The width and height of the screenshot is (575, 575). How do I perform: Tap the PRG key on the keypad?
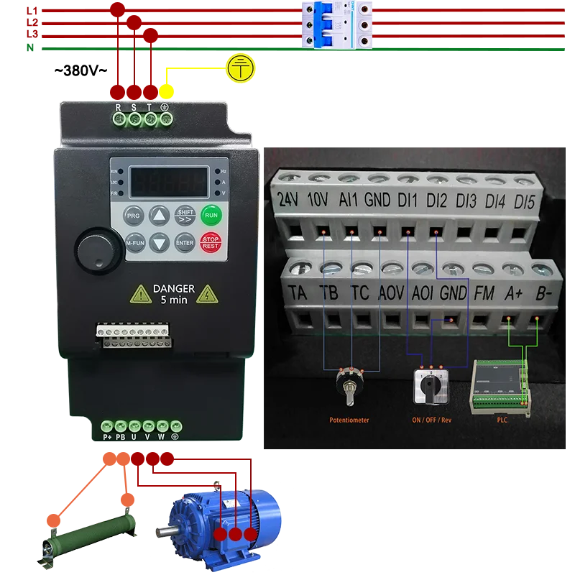[134, 215]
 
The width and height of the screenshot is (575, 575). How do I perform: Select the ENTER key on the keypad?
[185, 242]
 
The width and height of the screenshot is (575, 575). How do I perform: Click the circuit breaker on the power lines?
[339, 26]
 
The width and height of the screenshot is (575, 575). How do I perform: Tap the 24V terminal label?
[289, 201]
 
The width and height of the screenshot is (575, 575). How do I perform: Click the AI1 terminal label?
[347, 200]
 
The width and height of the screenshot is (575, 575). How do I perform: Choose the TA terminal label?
[297, 293]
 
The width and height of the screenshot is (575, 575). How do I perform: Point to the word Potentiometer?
[349, 420]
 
